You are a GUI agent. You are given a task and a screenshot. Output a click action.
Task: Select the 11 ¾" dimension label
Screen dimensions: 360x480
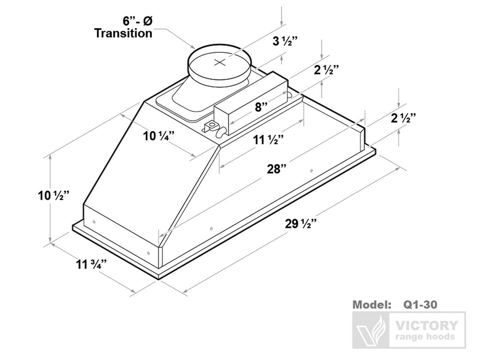coord(91,265)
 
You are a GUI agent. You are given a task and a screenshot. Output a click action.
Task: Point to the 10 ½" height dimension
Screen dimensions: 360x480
coord(54,195)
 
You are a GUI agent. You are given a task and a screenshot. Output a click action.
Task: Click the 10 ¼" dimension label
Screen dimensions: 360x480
coord(158,136)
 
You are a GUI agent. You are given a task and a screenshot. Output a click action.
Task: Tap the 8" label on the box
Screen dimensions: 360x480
coord(261,107)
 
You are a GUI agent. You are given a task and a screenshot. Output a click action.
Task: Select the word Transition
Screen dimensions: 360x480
coord(123,33)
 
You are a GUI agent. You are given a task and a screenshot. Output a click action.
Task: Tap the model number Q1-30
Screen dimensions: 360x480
coord(420,304)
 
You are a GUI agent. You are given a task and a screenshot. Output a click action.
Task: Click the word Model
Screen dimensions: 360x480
coord(371,304)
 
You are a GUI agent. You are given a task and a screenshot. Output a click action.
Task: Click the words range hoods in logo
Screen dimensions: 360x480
coord(424,337)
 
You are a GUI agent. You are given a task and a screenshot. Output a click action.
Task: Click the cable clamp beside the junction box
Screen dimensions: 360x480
coord(212,125)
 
